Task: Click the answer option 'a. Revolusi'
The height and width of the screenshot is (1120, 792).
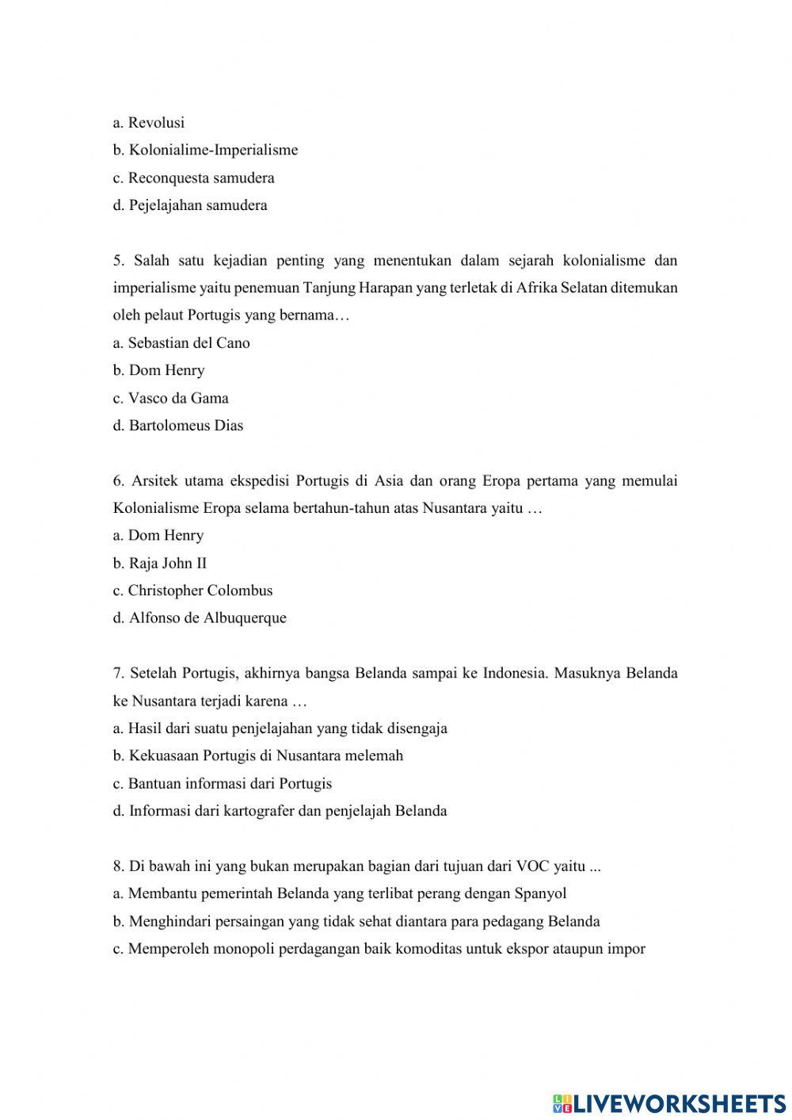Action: (149, 123)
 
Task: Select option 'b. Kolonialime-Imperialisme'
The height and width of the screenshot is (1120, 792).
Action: (205, 150)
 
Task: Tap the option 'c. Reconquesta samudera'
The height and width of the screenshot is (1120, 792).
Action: (193, 178)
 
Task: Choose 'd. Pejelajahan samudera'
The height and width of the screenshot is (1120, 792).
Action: (190, 205)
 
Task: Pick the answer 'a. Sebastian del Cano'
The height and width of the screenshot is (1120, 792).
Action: (181, 343)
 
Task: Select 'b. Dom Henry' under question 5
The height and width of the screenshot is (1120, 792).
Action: (158, 370)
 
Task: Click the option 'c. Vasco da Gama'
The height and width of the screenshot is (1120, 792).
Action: (170, 398)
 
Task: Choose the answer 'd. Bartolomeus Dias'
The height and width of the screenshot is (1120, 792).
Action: (178, 426)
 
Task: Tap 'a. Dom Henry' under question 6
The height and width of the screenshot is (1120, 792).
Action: (158, 536)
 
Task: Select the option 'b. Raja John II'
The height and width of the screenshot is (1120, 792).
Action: (160, 564)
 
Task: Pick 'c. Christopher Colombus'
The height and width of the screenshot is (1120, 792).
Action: (192, 591)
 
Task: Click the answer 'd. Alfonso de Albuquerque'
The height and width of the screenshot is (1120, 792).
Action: (200, 618)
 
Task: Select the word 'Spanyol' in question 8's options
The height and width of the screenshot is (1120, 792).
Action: (540, 894)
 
